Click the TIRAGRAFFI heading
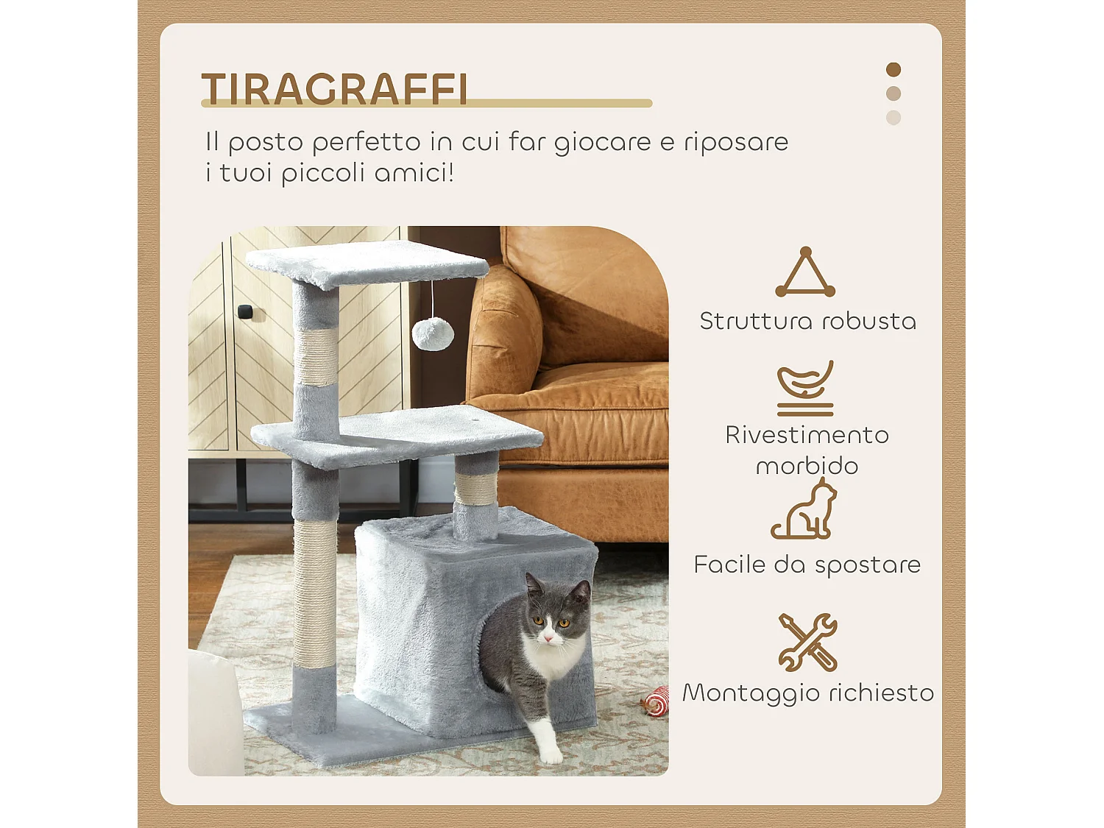click(x=335, y=89)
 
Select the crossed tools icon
click(x=807, y=642)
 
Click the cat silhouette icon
click(x=805, y=510)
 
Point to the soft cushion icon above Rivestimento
click(x=805, y=387)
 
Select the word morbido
click(x=807, y=465)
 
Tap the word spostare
click(x=868, y=565)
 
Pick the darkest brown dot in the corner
click(x=894, y=70)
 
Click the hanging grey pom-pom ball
click(x=432, y=333)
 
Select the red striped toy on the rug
click(x=656, y=702)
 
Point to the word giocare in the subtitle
click(x=602, y=142)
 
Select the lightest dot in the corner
click(x=894, y=118)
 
